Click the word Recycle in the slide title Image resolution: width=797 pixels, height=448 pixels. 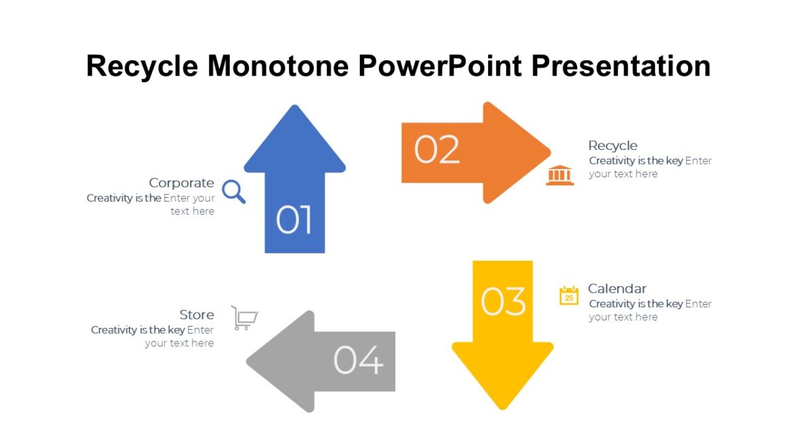(x=142, y=66)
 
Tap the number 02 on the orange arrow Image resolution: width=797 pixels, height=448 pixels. (x=436, y=149)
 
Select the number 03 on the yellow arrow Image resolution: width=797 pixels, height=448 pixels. (x=503, y=302)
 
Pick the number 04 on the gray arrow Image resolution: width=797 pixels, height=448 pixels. (x=358, y=360)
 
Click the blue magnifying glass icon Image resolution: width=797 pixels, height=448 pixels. (x=233, y=191)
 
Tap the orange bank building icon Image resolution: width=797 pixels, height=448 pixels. (x=559, y=175)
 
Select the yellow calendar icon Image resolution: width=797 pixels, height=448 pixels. (x=569, y=295)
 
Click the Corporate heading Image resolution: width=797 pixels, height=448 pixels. (x=181, y=183)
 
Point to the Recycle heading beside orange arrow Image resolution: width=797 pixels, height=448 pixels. (x=612, y=145)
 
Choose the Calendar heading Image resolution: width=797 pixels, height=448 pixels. (x=616, y=289)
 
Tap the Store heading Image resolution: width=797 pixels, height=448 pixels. (x=197, y=315)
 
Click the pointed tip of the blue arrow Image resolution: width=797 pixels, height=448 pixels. (x=294, y=108)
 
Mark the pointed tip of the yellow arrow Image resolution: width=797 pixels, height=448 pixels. (x=502, y=406)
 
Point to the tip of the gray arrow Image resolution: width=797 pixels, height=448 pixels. (x=250, y=362)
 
